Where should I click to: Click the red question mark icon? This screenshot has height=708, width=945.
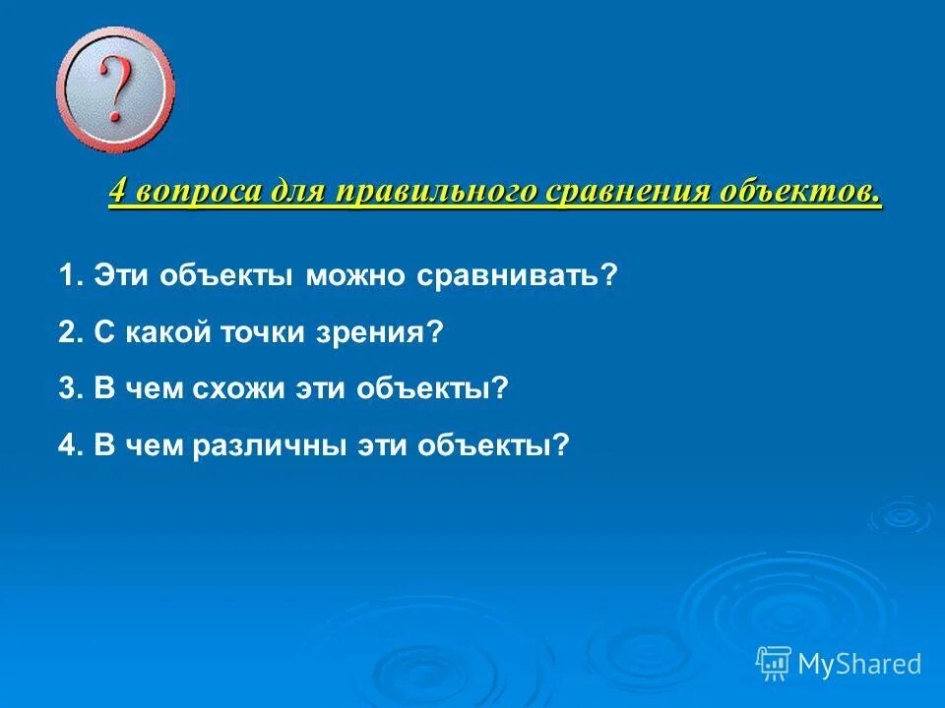coord(116,91)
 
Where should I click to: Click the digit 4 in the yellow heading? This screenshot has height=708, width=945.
coord(118,191)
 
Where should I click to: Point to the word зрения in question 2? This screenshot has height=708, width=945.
coord(380,332)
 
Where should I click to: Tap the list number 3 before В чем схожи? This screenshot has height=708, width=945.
coord(67,388)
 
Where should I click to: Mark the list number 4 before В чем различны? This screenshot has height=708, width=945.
coord(67,444)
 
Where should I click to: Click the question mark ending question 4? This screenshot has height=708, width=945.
coord(561,444)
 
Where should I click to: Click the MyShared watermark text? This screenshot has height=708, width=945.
coord(859,664)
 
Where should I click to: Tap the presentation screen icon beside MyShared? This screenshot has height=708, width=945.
coord(774,663)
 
